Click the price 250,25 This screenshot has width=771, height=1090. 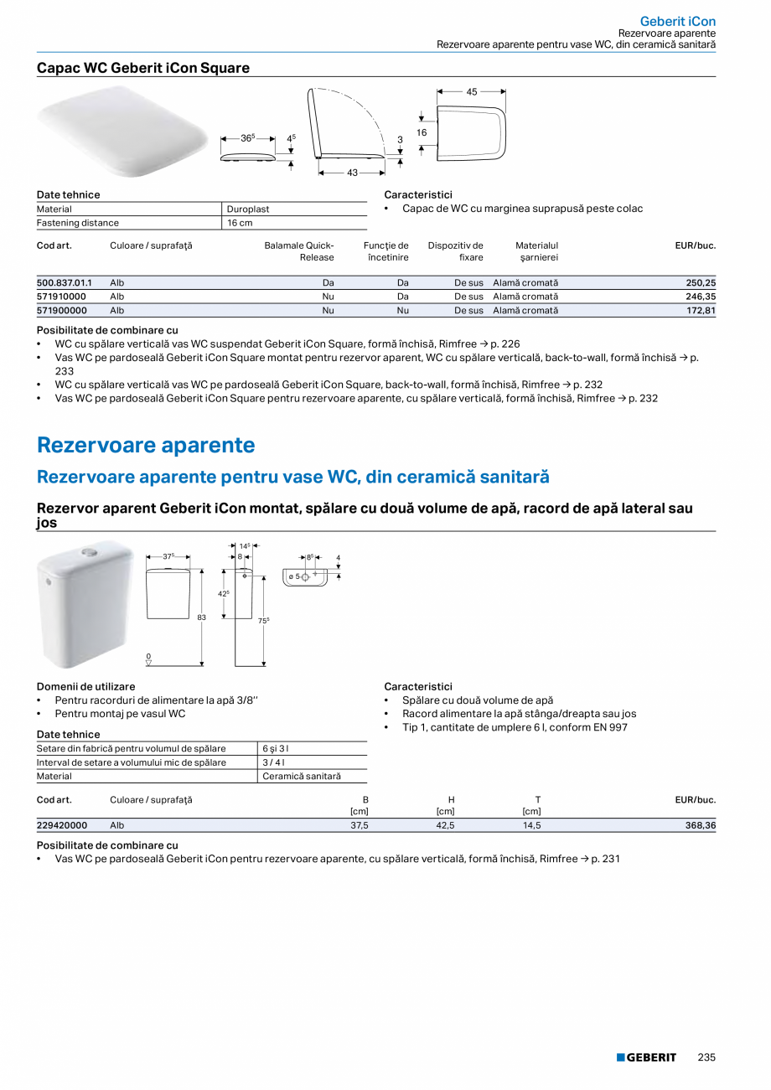(x=701, y=283)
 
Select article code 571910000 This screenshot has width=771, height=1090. (x=62, y=297)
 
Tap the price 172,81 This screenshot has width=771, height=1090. (x=701, y=310)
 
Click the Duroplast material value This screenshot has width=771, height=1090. (x=248, y=209)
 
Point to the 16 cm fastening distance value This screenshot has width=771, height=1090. (x=240, y=223)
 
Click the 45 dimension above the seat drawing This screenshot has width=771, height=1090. (x=472, y=92)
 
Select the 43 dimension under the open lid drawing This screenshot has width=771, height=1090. (x=352, y=173)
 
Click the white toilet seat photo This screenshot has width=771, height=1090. (x=122, y=130)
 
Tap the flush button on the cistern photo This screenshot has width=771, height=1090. (x=88, y=553)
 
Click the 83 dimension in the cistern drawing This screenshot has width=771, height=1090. (x=201, y=617)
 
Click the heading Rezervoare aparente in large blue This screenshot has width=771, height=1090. (x=146, y=445)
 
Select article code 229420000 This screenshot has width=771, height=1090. (x=62, y=825)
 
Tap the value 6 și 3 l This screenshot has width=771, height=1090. (x=276, y=749)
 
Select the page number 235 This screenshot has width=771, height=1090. (x=706, y=1057)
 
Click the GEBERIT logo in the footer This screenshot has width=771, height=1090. (x=646, y=1057)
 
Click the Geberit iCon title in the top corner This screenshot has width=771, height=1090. (x=677, y=21)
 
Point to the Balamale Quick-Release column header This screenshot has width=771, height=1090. (x=299, y=251)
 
